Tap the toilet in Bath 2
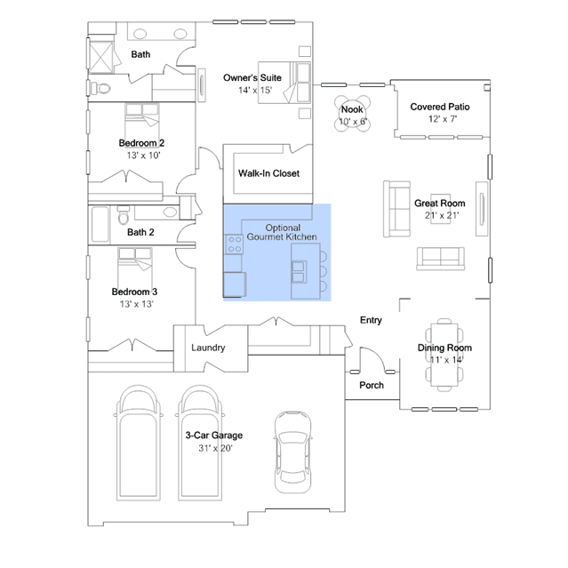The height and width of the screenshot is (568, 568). [124, 214]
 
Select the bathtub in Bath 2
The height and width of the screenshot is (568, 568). [100, 224]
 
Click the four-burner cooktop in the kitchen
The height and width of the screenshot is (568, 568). [234, 244]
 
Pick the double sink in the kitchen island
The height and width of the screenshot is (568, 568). [300, 272]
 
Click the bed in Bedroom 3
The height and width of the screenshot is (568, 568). [135, 268]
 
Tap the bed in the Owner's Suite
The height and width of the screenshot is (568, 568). [284, 83]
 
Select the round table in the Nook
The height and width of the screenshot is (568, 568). [352, 114]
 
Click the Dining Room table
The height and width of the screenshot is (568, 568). [444, 355]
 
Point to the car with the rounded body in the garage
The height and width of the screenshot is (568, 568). [292, 452]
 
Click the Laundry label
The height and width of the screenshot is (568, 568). [208, 348]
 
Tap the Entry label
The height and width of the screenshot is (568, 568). [371, 320]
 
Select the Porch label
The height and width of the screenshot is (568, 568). [372, 385]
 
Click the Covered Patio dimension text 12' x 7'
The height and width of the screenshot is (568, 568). [443, 119]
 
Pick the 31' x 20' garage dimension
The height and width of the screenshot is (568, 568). [215, 448]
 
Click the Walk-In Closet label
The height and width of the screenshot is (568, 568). [268, 173]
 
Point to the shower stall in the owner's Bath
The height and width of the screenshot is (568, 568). [101, 57]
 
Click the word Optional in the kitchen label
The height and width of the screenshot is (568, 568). [283, 228]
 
